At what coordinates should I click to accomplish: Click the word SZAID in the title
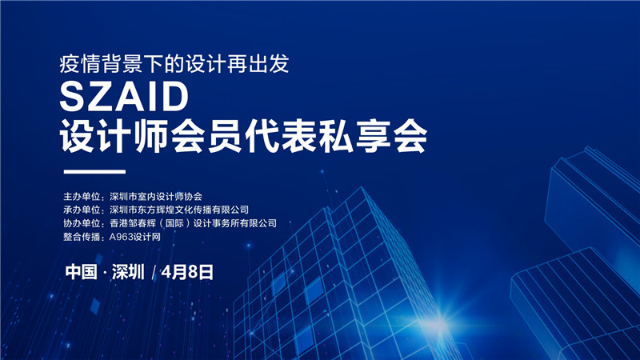point(125,96)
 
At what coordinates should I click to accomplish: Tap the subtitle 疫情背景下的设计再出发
point(174,64)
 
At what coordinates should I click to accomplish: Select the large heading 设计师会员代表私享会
point(244,136)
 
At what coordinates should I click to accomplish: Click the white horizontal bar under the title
point(94,172)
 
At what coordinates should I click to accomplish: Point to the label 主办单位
point(82,197)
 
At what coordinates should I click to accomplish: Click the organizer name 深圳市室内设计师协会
point(156,197)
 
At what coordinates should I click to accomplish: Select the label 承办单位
point(82,210)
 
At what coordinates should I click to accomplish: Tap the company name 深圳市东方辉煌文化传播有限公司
point(179,210)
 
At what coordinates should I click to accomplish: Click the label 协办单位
point(82,223)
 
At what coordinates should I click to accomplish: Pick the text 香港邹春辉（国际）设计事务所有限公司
point(193,223)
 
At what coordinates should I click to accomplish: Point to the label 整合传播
point(82,237)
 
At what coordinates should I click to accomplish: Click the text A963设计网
point(135,237)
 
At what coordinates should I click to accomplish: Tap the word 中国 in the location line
point(82,272)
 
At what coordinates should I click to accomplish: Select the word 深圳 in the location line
point(128,272)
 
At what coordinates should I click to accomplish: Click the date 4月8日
point(187,272)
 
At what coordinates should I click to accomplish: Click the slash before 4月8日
point(154,272)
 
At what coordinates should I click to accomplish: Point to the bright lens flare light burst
point(441,323)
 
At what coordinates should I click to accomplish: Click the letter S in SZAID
point(72,96)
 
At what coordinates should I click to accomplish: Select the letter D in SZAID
point(177,96)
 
